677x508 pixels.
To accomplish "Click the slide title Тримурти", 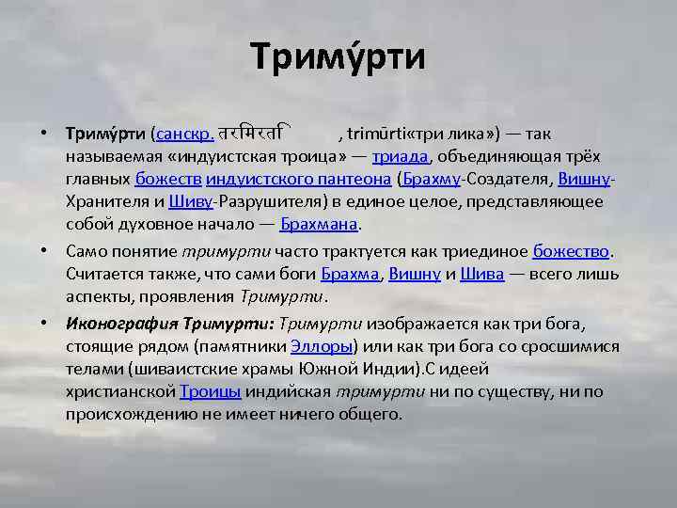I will (x=338, y=57).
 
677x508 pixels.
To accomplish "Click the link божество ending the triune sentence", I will (x=572, y=251).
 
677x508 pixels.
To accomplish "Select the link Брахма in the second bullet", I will (x=350, y=275).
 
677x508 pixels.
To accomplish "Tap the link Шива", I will (x=488, y=275).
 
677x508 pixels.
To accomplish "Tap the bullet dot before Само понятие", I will (x=46, y=251).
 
